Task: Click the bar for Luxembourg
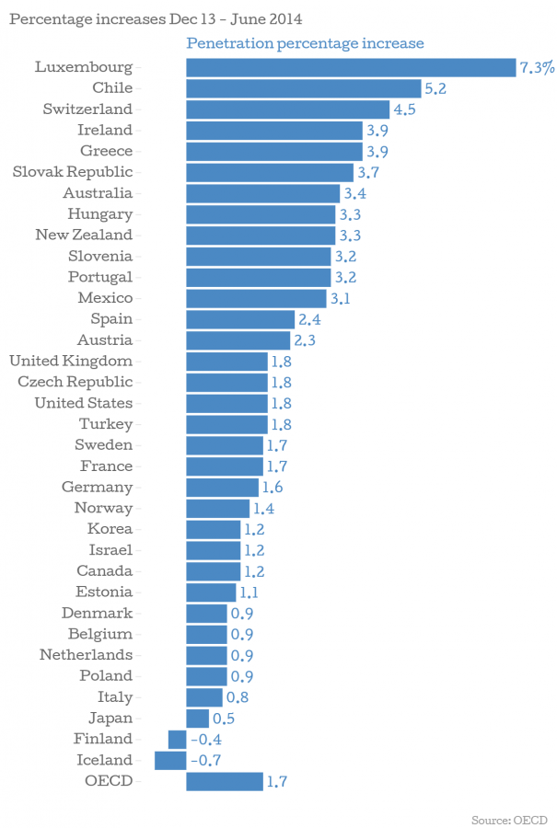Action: tap(350, 67)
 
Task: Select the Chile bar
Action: tap(304, 88)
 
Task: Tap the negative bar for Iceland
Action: tap(170, 761)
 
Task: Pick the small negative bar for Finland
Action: tap(177, 740)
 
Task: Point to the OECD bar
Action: tap(224, 782)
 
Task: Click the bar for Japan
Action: tap(197, 719)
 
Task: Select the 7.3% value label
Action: tap(537, 67)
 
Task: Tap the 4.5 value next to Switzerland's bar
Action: tap(404, 109)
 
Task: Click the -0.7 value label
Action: tap(205, 761)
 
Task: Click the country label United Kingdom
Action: tap(70, 361)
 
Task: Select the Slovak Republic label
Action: tap(73, 172)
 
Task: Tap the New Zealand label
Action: tap(84, 235)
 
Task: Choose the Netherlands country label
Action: tap(86, 655)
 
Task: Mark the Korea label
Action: tap(110, 529)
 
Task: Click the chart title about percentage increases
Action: tap(155, 18)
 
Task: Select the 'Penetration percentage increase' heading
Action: tap(305, 43)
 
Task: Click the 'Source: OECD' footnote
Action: tap(509, 818)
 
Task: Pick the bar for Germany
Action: tap(222, 488)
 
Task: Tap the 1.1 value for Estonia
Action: tap(249, 592)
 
